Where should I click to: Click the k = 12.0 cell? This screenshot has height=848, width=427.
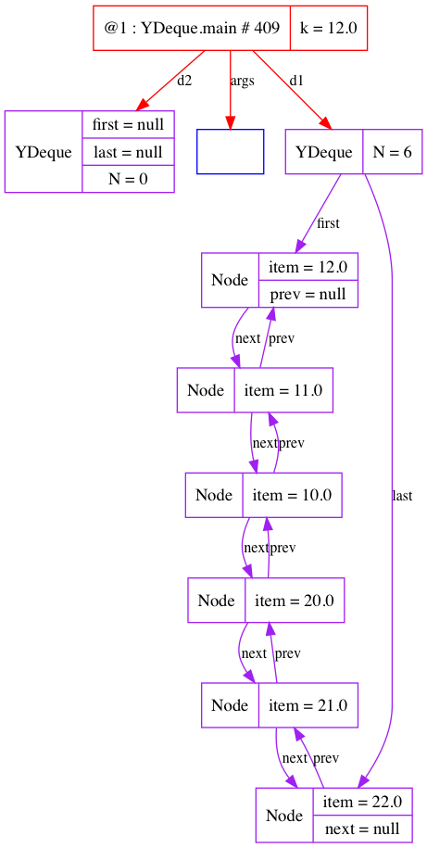coord(329,28)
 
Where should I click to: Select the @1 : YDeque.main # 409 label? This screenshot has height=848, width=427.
coord(192,28)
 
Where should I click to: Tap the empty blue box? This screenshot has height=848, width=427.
coord(231,151)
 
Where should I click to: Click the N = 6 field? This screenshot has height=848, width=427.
coord(392,152)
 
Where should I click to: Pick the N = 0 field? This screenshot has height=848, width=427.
coord(128,179)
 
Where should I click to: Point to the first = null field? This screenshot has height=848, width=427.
coord(128,124)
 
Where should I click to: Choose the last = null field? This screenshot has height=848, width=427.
coord(128,151)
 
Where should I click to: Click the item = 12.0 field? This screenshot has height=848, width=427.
coord(308,267)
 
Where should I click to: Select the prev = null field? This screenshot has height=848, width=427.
coord(308,294)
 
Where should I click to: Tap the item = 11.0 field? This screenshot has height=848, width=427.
coord(283,390)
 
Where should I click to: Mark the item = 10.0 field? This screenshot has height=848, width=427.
coord(292,495)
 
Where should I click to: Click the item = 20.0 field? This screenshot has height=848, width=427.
coord(295,600)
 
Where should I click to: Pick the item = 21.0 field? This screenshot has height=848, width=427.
coord(308,704)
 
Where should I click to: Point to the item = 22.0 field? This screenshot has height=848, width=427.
coord(362,802)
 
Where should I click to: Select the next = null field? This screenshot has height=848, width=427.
coord(362,829)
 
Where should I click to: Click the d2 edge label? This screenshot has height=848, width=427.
coord(184,81)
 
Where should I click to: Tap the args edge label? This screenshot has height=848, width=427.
coord(242,82)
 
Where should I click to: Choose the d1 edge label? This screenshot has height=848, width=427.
coord(296,81)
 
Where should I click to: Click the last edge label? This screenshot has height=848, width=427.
coord(402,495)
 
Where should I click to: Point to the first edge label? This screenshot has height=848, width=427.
coord(328,222)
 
